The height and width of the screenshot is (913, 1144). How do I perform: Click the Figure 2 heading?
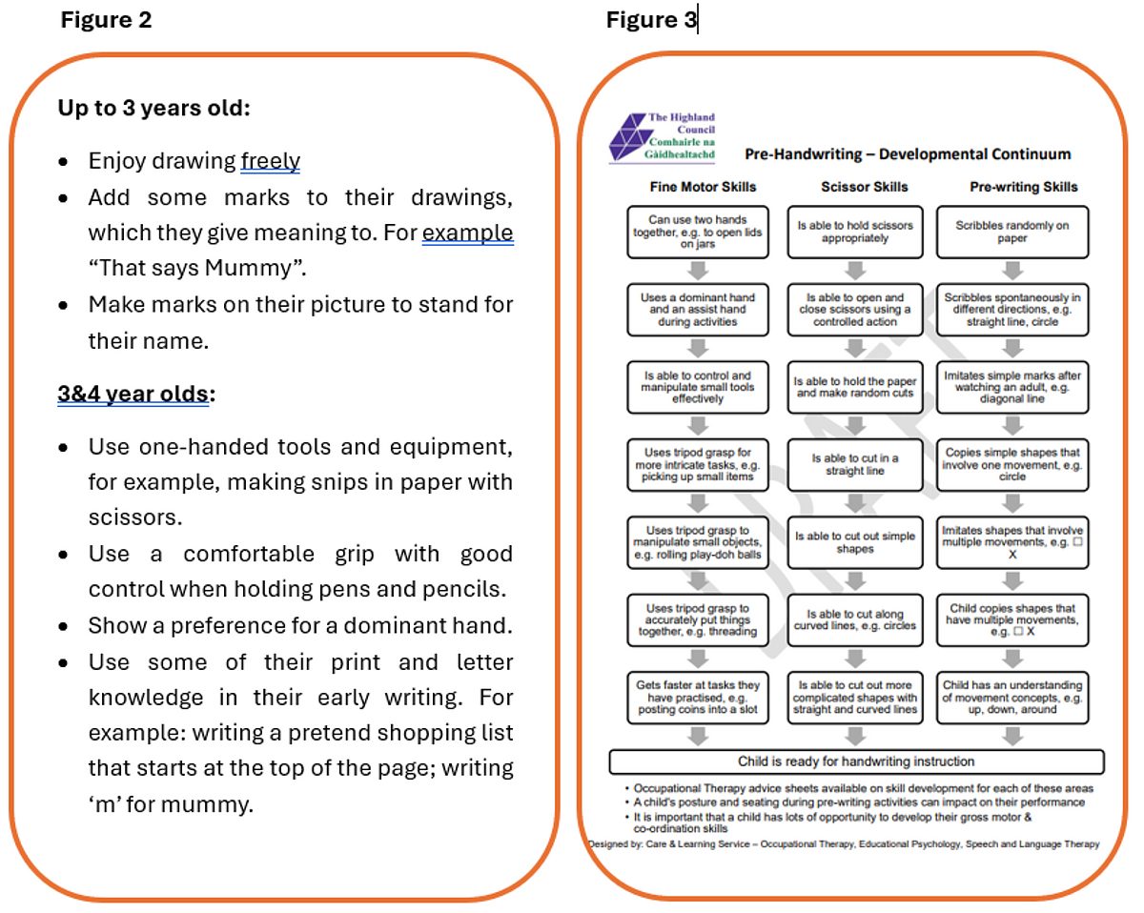[x=107, y=20]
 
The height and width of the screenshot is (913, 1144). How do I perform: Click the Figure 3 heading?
[x=651, y=20]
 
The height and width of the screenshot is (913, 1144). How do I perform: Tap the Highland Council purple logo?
[x=628, y=136]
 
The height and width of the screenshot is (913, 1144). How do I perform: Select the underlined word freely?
[x=270, y=161]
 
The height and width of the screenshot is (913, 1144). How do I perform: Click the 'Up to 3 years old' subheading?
[x=153, y=108]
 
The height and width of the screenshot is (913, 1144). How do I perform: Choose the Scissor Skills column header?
[x=865, y=187]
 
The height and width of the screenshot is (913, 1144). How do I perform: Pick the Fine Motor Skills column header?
[x=703, y=187]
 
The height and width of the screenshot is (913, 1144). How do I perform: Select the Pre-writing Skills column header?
[x=1024, y=187]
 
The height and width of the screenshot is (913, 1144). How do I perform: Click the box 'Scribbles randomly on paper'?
[x=1012, y=233]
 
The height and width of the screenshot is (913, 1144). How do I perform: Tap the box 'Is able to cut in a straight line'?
[x=855, y=465]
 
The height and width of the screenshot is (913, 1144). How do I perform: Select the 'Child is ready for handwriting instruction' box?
[x=856, y=761]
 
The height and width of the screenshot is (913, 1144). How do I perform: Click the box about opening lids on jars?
[x=698, y=233]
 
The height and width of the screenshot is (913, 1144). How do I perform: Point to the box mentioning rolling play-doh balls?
[x=698, y=542]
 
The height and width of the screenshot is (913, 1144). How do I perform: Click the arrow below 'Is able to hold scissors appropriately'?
[x=855, y=271]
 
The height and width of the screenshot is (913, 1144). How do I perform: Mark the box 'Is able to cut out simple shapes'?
[x=855, y=542]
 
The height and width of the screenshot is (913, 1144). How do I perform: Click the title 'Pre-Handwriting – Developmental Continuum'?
[x=908, y=154]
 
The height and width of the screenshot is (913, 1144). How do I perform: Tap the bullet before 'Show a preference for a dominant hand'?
[x=63, y=626]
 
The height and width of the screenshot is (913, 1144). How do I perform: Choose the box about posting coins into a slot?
[x=698, y=698]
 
